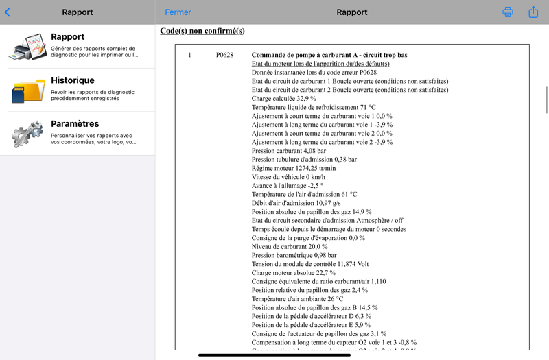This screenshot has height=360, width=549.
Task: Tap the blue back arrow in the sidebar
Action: pos(8,12)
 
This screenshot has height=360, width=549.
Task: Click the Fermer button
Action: pos(178,12)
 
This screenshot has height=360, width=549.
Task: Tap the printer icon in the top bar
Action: pos(508,12)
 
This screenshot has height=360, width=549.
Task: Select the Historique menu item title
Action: pos(73,80)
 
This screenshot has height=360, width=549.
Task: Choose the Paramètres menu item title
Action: pos(75,124)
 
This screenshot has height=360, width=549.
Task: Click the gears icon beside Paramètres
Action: pos(27,134)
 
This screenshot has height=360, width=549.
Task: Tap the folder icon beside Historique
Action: pos(27,91)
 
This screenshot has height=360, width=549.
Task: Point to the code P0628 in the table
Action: pos(225,55)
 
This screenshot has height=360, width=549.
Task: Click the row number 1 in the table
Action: pos(189,55)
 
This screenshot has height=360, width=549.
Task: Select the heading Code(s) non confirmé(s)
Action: pos(202,31)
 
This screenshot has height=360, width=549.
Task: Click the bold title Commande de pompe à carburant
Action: pos(329,55)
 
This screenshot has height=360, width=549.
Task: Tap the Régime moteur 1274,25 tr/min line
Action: pos(294,168)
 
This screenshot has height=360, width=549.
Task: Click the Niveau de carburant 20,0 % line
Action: pos(290,246)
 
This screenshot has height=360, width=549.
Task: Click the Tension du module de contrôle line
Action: pos(310,264)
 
